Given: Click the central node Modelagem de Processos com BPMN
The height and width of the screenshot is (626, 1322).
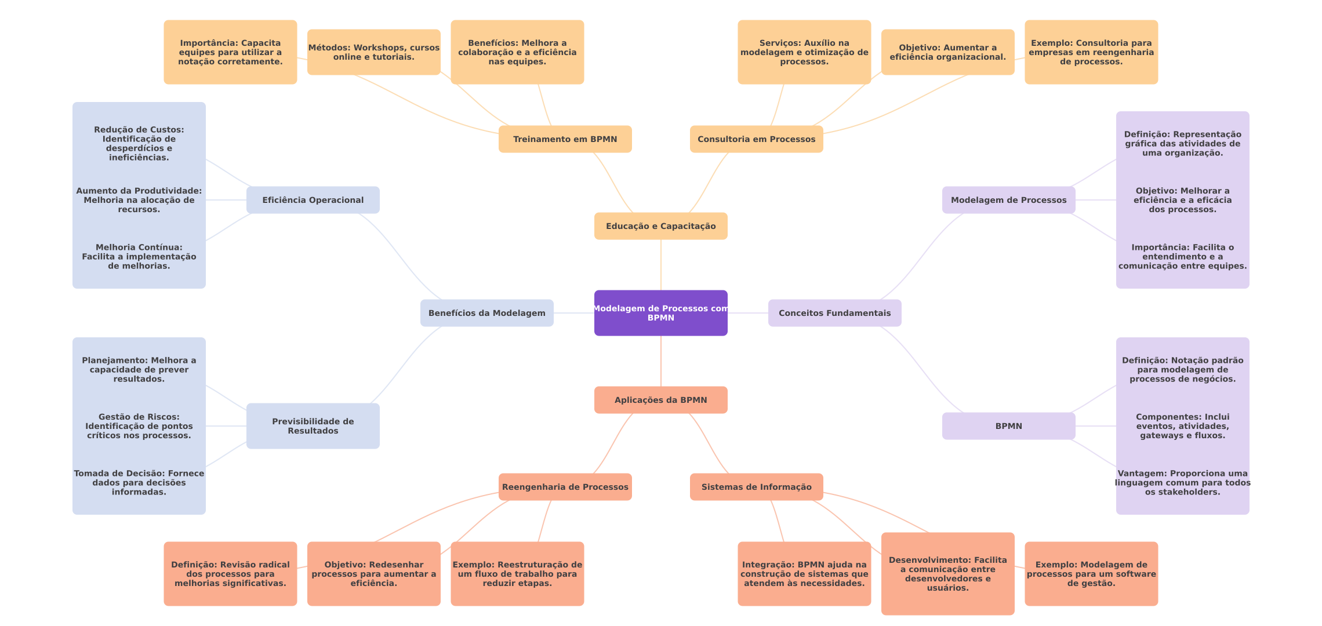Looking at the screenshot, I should point(660,313).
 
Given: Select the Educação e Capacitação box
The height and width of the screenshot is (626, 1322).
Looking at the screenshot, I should point(660,226).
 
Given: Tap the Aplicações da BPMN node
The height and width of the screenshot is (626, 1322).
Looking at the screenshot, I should point(660,400).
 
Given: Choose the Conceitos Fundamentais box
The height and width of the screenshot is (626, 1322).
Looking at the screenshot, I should point(834,313).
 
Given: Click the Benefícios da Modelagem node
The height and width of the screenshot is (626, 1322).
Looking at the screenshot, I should point(486,313).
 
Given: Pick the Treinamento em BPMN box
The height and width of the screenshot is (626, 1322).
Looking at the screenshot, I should point(565,139).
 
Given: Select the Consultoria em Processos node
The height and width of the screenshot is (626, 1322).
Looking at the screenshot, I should point(756,139).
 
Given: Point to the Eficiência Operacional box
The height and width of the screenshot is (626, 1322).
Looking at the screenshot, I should point(313,200).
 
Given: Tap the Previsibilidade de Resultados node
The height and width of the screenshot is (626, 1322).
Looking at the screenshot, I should point(313,426).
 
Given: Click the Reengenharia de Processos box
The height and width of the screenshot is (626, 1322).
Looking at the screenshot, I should point(565,487).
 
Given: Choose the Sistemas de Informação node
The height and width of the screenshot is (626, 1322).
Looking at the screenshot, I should point(756,487).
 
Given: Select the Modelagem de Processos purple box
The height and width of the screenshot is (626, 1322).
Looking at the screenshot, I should point(1008,200).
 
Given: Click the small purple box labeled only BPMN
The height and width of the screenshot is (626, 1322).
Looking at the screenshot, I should point(1008,426).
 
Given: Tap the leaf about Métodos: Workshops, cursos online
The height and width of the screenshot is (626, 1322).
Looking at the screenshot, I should point(373,52).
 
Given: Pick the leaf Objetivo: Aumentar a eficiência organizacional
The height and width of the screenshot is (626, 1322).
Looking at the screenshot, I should point(947,52).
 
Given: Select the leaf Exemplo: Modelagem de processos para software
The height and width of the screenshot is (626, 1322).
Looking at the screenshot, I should point(1091,574).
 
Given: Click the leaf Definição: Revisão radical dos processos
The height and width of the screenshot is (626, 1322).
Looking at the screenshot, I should point(230,574).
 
